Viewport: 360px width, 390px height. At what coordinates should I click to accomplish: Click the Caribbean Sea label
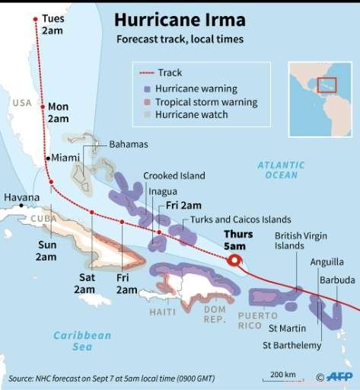pyautogui.click(x=82, y=341)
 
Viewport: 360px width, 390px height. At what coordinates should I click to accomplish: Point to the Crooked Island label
pyautogui.click(x=174, y=175)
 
